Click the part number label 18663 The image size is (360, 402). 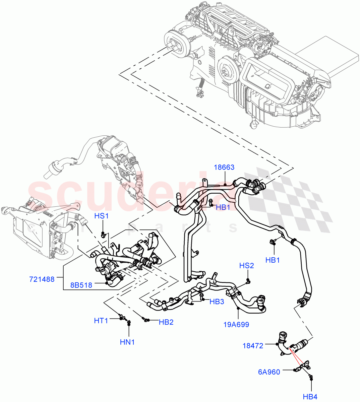pos(224,167)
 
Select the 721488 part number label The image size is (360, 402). pos(42,279)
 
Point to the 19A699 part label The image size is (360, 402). pos(237,324)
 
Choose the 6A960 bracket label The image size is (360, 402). pos(269,372)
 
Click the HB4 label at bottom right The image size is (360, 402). pos(310,397)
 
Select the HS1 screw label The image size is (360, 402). pos(101,216)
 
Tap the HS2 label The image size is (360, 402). pos(246,266)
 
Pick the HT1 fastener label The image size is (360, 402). pos(101,321)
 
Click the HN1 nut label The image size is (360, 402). pos(127,342)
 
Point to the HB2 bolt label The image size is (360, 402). pos(166,322)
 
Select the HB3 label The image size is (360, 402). pos(217,301)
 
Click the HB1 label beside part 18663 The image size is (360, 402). pos(223,207)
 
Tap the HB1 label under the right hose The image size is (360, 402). pos(273,260)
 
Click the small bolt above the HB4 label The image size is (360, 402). pos(311,378)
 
